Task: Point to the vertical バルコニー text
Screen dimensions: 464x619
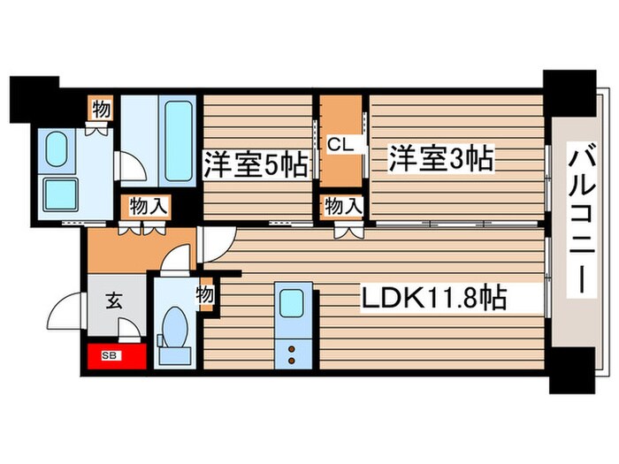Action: tap(581, 221)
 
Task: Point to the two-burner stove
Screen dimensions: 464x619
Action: tap(291, 352)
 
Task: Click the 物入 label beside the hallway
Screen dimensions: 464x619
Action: tap(148, 207)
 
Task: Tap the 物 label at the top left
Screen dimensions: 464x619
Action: tap(100, 110)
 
